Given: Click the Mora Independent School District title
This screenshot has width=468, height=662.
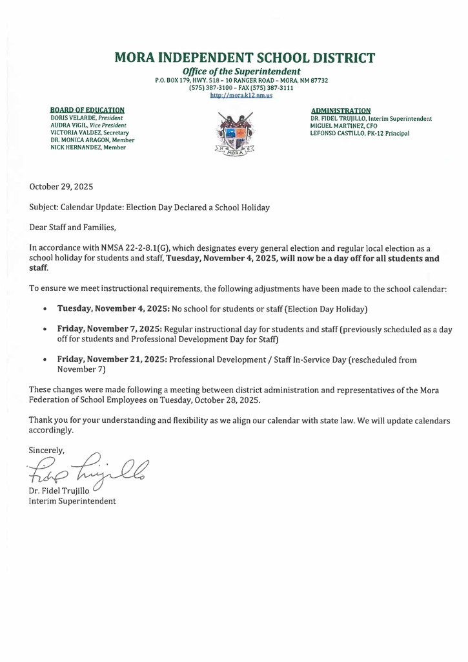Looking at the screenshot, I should (x=244, y=58).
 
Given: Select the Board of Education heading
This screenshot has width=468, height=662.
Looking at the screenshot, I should (x=87, y=111).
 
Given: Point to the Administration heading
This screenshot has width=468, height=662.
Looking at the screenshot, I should (x=340, y=111).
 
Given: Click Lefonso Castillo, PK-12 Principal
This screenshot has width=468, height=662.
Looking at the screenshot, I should (x=360, y=133).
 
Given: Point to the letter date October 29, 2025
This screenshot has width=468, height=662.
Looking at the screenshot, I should (x=61, y=186).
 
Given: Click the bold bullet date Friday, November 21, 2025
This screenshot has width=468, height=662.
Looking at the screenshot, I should (x=112, y=359).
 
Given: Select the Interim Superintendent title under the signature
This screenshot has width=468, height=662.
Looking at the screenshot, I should (x=72, y=501).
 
